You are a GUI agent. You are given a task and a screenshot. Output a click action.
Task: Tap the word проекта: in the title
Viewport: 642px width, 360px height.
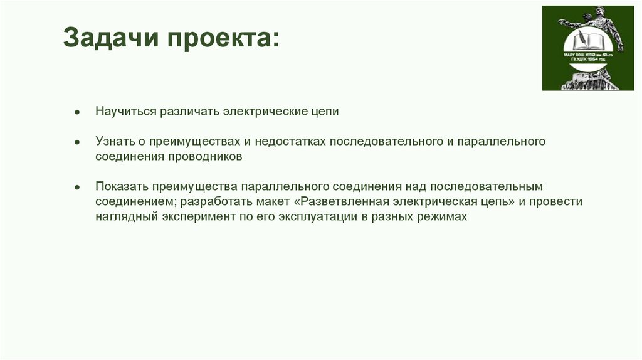coord(223,41)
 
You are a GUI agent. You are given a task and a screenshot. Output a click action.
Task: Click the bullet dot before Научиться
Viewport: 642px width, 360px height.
coord(77,112)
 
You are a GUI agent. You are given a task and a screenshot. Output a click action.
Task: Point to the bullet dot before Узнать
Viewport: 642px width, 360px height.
coord(77,142)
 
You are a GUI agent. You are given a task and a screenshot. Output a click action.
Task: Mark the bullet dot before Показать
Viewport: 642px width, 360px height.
coord(77,187)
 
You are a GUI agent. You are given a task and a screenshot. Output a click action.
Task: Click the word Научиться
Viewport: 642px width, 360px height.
coord(125,112)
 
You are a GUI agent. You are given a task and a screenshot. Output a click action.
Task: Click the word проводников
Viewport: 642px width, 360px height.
coord(204,157)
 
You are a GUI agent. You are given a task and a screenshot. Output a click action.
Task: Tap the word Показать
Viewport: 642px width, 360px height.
coord(121,187)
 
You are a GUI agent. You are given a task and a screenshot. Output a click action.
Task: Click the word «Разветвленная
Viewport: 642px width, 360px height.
coord(344,202)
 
